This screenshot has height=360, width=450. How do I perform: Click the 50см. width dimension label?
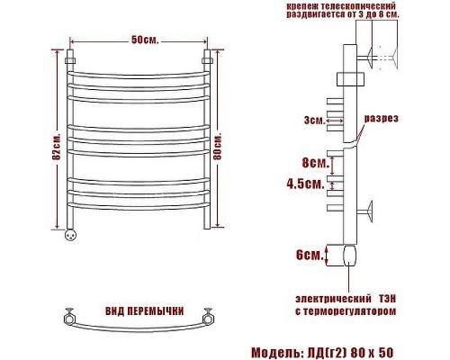[145, 40]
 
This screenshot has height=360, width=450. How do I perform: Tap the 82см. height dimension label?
[57, 147]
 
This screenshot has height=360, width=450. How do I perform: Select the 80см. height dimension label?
[218, 147]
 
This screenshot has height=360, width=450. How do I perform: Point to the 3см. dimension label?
[314, 121]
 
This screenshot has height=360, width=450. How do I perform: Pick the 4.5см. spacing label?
[306, 184]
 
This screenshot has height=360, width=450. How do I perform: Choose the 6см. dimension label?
[310, 255]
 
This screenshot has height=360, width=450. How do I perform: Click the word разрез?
[382, 118]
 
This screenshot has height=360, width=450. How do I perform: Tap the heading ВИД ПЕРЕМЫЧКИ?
[145, 311]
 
